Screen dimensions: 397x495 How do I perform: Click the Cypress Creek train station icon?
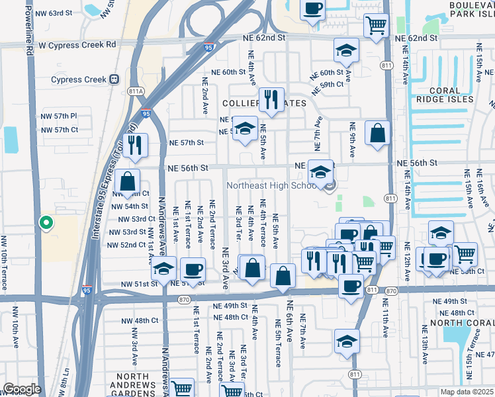(114, 79)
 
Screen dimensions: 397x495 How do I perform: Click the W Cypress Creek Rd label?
(77, 44)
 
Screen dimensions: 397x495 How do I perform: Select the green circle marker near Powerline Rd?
(46, 223)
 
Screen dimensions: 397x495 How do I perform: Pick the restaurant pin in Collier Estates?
(271, 100)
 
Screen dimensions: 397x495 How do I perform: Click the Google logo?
(22, 389)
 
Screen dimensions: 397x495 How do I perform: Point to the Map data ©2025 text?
(467, 392)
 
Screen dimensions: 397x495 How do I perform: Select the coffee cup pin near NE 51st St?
(193, 269)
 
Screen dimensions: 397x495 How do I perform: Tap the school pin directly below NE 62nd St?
(345, 51)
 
